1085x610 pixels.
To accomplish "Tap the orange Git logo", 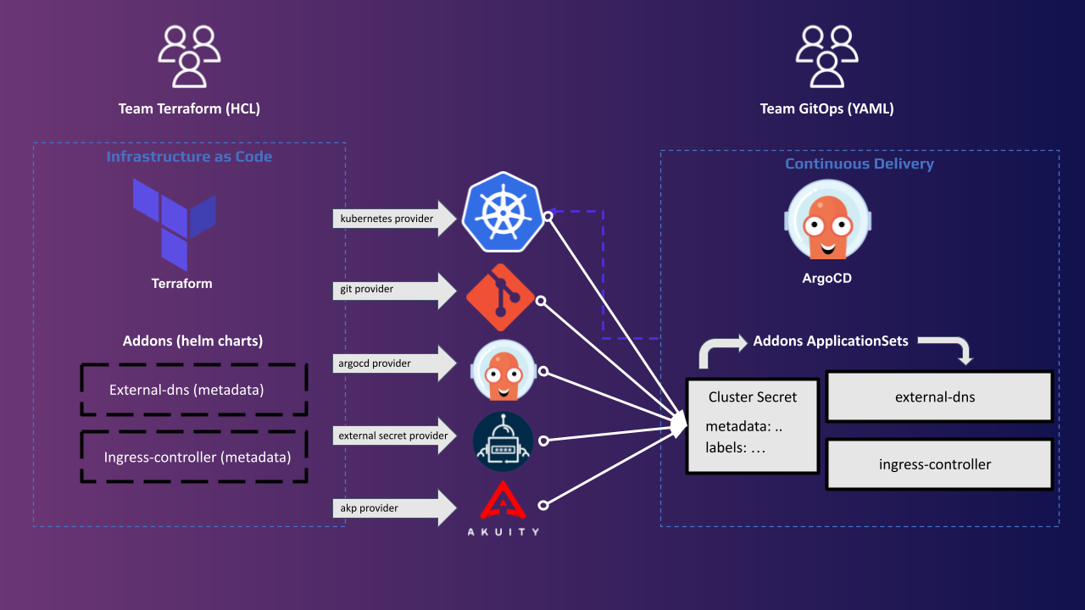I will click(500, 297).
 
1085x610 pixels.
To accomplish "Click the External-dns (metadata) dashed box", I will click(193, 391).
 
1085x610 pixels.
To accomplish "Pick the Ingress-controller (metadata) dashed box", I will click(194, 457).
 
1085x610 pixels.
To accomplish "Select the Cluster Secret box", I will click(753, 426).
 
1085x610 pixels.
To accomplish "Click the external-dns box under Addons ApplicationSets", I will click(939, 396).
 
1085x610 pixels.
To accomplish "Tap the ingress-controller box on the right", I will click(939, 464).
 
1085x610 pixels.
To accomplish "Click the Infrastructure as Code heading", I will click(189, 157).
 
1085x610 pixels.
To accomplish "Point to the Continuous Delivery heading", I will click(860, 164).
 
